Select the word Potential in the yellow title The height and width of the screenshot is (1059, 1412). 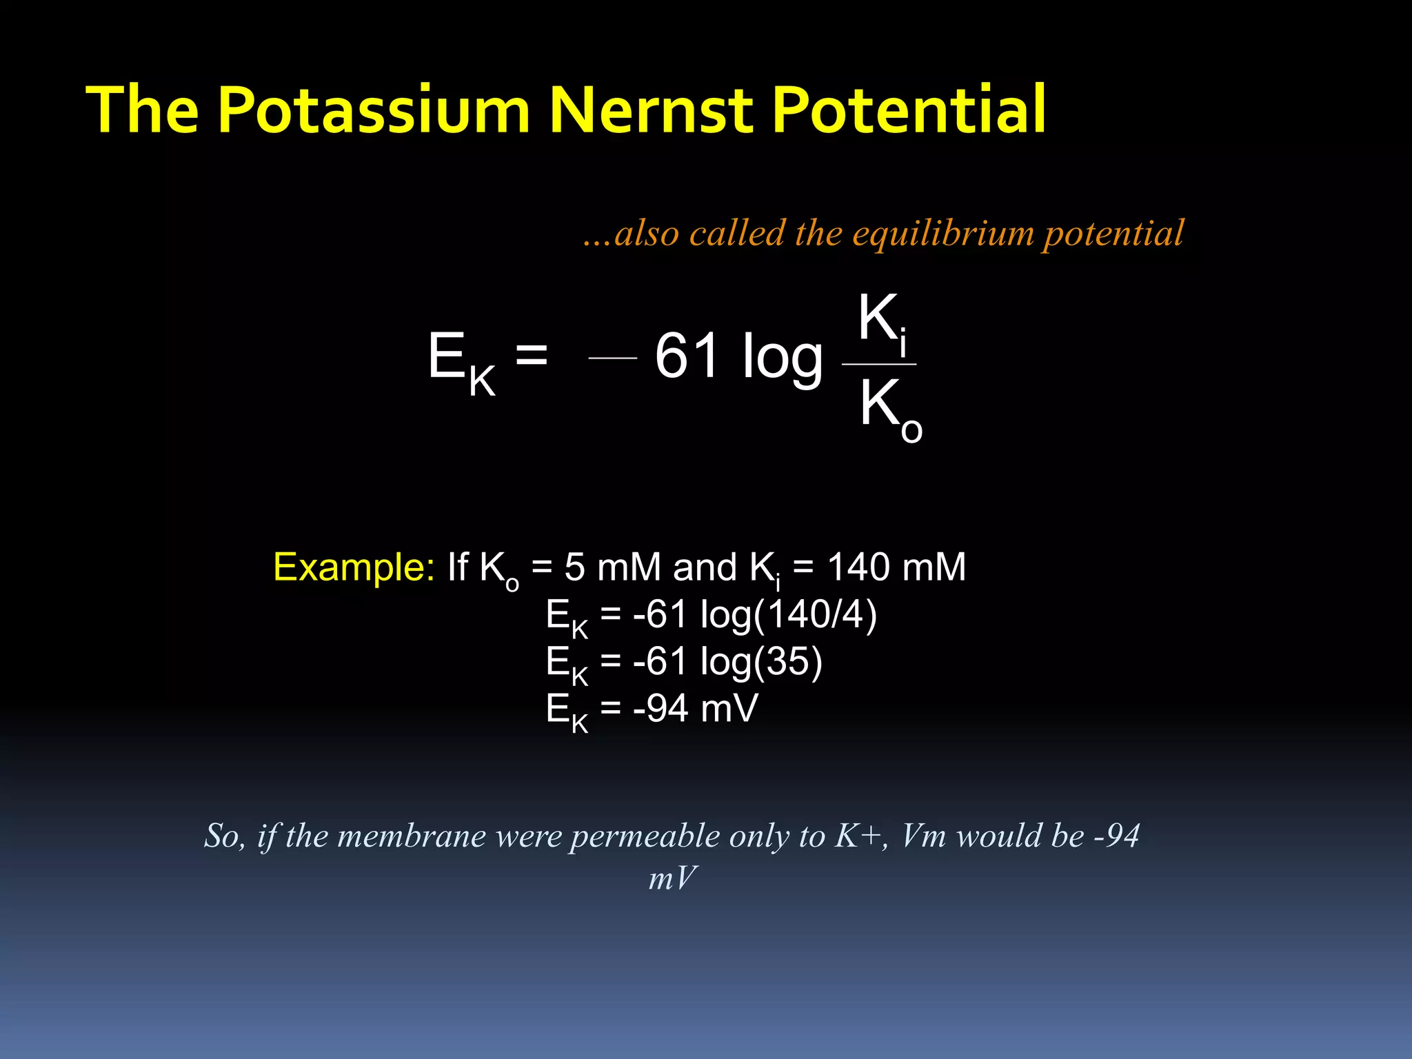[x=909, y=110]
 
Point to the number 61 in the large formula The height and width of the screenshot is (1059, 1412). [x=688, y=356]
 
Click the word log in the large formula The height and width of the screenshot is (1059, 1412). [x=782, y=359]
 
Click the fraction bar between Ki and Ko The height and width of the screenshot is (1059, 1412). [x=879, y=364]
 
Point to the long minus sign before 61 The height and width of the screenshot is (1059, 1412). [x=612, y=358]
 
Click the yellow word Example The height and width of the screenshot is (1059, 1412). [x=354, y=567]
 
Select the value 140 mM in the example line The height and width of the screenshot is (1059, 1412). [x=896, y=567]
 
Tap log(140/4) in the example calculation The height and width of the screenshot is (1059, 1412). [x=788, y=614]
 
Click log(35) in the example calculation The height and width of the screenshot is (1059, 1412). [x=761, y=661]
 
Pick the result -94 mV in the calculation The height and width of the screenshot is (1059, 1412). [x=695, y=708]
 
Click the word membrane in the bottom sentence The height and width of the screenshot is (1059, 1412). [x=412, y=836]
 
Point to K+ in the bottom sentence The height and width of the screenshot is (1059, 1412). [x=859, y=836]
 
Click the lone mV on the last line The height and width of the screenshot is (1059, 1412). [x=672, y=878]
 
